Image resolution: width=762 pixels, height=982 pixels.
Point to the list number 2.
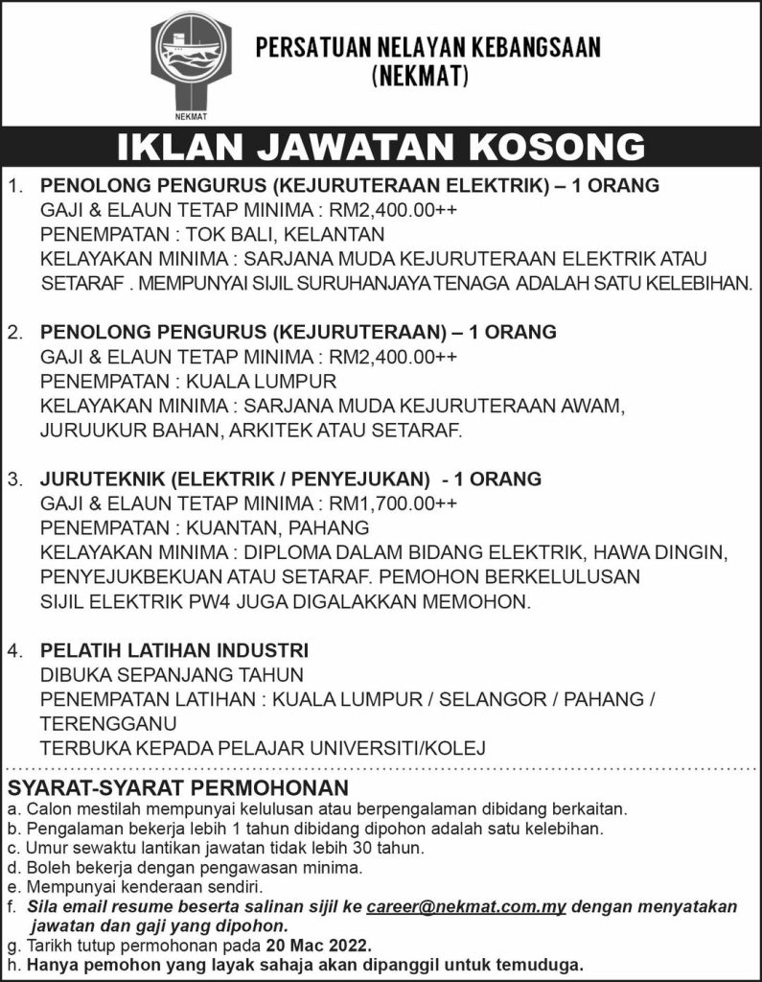(x=14, y=332)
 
